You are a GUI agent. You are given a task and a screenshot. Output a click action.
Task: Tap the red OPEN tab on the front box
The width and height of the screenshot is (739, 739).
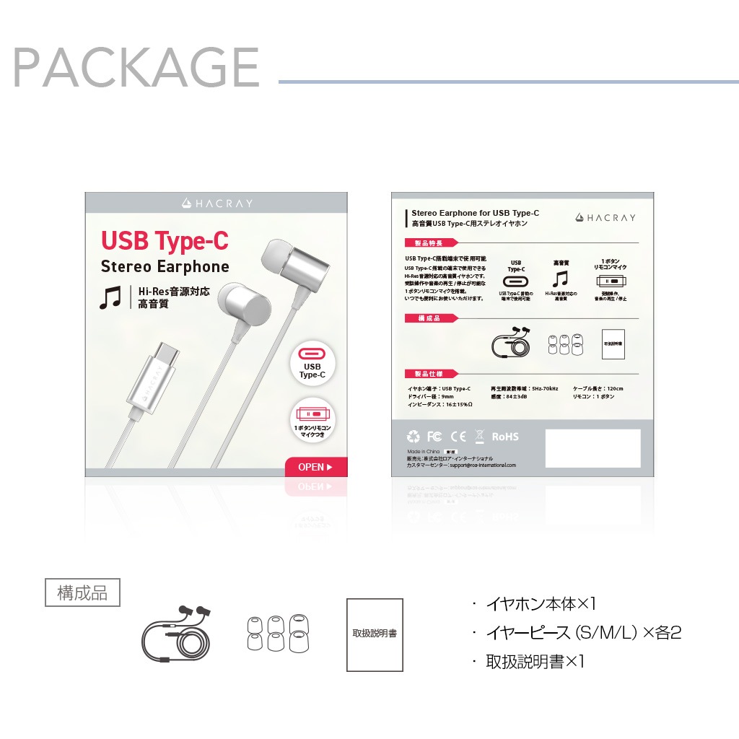[316, 467]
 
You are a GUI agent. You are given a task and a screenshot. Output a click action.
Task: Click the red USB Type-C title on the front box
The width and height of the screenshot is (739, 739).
[165, 240]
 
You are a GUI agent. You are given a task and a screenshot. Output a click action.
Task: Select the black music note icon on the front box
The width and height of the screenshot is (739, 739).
[110, 297]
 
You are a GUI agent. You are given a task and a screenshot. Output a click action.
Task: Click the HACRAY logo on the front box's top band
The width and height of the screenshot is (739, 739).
[217, 204]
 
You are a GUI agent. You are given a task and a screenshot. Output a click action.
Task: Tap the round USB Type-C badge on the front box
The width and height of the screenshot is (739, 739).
[313, 363]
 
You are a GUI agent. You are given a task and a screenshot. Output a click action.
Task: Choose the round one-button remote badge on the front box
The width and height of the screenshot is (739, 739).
[313, 419]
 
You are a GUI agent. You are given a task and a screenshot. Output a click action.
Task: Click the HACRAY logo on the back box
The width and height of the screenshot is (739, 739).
[605, 217]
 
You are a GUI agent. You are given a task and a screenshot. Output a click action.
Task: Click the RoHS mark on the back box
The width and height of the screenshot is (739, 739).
[505, 437]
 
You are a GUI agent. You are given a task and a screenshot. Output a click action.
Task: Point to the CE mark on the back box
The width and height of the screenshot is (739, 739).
[458, 437]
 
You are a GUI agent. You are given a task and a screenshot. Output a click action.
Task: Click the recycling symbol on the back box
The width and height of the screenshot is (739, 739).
[413, 437]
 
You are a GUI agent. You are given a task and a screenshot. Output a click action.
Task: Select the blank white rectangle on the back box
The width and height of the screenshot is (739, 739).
[592, 448]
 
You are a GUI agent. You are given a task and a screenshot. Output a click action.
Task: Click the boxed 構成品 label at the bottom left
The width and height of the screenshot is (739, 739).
[82, 593]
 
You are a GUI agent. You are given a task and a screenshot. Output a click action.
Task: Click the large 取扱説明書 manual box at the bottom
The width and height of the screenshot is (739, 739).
[375, 634]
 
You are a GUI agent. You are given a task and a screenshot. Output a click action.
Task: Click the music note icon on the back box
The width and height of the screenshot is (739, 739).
[560, 279]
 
